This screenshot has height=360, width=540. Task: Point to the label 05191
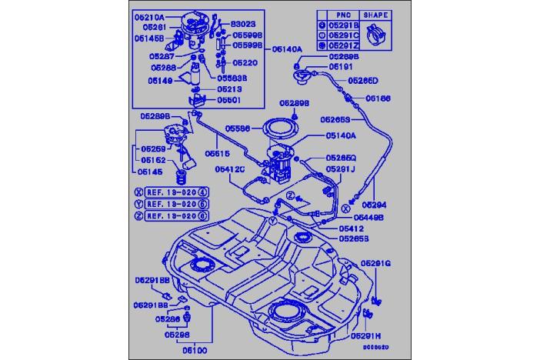coord(341,68)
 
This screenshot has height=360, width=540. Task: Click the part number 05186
coord(378,98)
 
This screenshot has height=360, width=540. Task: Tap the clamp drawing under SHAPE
coord(377,34)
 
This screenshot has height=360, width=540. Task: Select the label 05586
coord(238,129)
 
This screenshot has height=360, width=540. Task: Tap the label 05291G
coord(377,263)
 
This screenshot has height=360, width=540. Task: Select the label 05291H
coord(366,336)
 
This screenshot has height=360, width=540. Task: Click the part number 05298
coord(177,335)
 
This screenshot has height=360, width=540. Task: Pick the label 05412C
coord(229,168)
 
